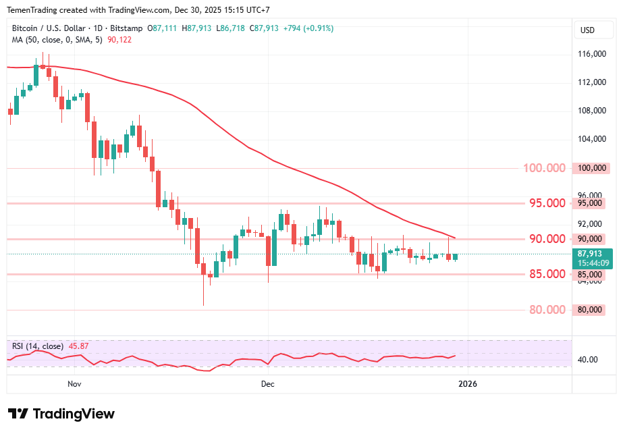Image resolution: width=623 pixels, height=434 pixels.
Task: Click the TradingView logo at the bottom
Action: (x=61, y=414)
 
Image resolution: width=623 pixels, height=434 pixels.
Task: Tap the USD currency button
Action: (x=587, y=30)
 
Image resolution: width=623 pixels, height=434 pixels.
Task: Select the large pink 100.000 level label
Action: (x=544, y=168)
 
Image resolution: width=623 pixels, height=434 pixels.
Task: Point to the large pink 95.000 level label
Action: (x=547, y=203)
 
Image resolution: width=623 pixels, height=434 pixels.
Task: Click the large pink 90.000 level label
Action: (x=547, y=239)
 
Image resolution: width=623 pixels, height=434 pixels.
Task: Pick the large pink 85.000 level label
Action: (x=547, y=274)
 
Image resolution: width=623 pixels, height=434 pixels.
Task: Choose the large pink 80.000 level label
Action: (x=547, y=310)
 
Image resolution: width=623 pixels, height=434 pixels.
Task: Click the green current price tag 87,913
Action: (x=591, y=254)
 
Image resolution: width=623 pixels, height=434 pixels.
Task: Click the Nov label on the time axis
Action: (x=74, y=384)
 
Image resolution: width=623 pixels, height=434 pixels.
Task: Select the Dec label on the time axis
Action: (x=268, y=384)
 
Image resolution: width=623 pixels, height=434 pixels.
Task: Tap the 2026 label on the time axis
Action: (x=467, y=384)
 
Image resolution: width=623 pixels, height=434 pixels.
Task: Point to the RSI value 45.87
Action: (x=78, y=346)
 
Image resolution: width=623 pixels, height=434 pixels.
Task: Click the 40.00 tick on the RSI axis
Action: (x=588, y=360)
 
